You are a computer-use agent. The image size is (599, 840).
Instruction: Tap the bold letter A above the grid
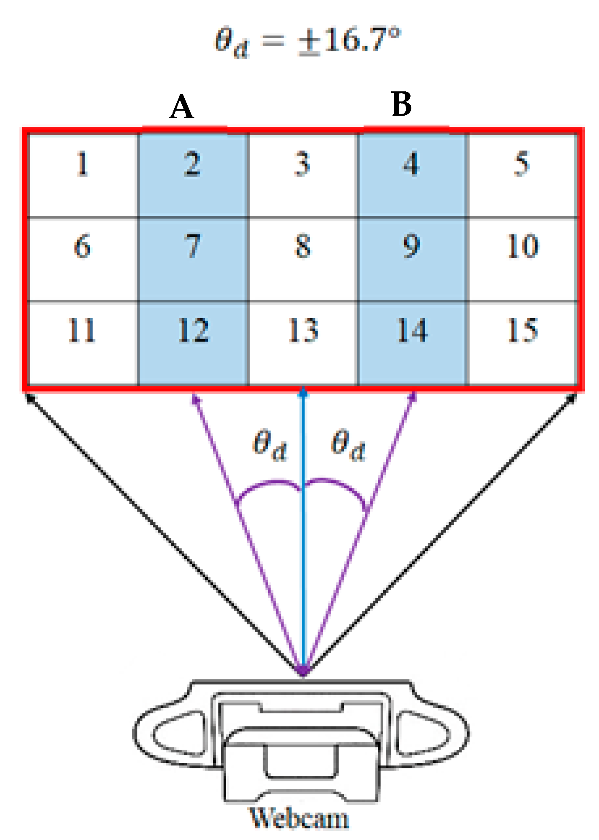(x=181, y=106)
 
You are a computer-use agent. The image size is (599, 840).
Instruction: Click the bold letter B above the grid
(x=401, y=104)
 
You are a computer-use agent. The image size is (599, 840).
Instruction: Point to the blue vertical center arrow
(x=303, y=545)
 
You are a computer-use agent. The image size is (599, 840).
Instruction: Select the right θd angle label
(x=348, y=445)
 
